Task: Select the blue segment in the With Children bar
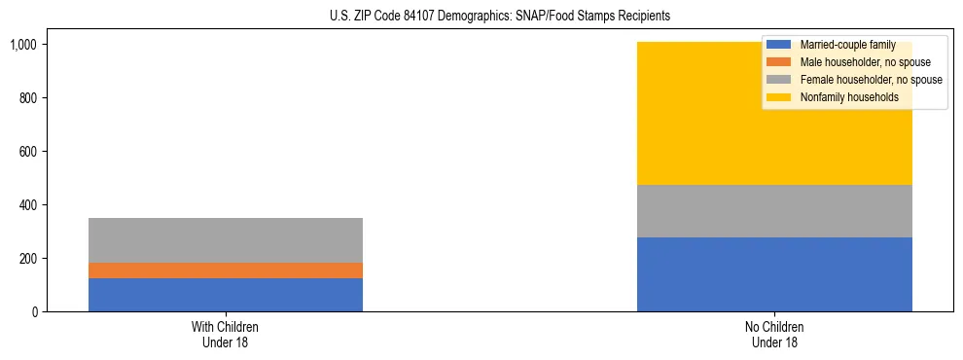point(226,295)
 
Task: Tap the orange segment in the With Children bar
point(226,270)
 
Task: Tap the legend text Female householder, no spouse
point(871,80)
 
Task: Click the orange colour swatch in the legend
point(779,62)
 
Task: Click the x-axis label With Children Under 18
point(226,335)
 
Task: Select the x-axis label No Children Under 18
point(774,335)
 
